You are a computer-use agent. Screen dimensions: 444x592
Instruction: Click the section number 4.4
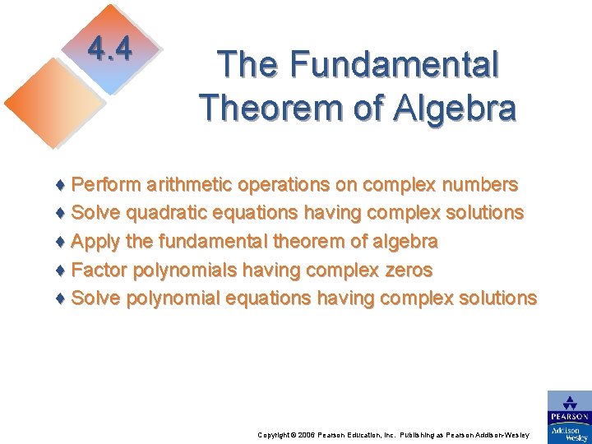point(110,50)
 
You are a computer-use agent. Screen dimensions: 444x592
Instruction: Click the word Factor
point(99,270)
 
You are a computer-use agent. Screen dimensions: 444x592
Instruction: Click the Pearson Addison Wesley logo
point(569,416)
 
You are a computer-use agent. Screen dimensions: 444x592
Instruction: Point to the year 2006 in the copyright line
point(303,434)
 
